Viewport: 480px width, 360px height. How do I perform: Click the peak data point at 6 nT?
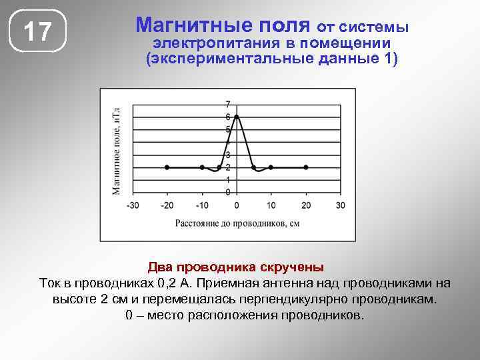pyautogui.click(x=237, y=117)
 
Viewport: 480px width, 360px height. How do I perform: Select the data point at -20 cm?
pyautogui.click(x=167, y=167)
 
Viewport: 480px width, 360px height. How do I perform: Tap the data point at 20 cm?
pyautogui.click(x=306, y=167)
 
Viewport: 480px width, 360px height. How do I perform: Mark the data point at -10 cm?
pyautogui.click(x=202, y=167)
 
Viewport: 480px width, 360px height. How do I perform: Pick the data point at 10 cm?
pyautogui.click(x=271, y=167)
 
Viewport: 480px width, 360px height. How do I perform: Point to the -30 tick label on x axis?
pyautogui.click(x=133, y=205)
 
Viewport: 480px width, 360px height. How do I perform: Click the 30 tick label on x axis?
pyautogui.click(x=341, y=205)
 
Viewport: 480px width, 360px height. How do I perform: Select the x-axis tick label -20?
pyautogui.click(x=167, y=205)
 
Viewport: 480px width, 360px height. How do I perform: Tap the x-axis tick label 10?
pyautogui.click(x=271, y=205)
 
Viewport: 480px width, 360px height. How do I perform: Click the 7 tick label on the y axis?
pyautogui.click(x=228, y=104)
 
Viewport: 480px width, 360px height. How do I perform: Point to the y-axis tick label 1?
pyautogui.click(x=228, y=180)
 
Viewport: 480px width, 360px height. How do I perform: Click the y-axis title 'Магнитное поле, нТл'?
pyautogui.click(x=116, y=150)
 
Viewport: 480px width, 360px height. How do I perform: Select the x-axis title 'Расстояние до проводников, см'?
pyautogui.click(x=237, y=223)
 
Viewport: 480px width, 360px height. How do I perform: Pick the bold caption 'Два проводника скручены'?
pyautogui.click(x=236, y=267)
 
